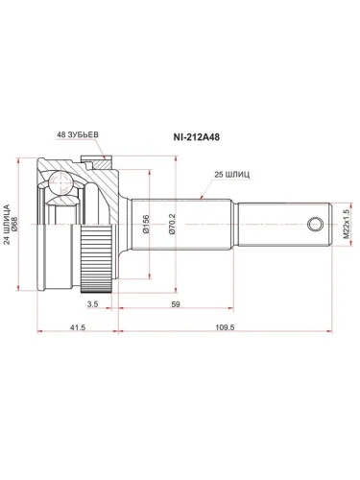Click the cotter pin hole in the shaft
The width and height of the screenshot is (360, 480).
point(314,225)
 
